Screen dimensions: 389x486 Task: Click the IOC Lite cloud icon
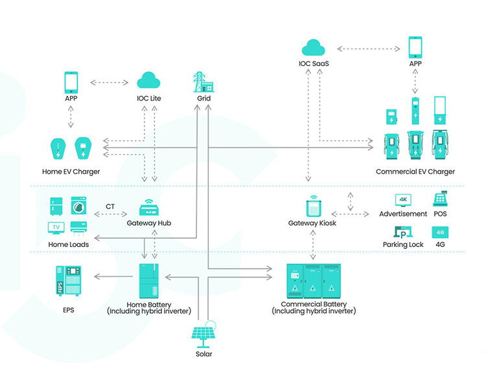coord(149,81)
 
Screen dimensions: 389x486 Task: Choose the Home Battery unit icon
coord(149,279)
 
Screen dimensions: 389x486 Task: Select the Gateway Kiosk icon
coord(314,207)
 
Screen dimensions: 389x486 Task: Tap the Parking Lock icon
coord(403,232)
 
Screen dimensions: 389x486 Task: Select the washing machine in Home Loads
coord(78,206)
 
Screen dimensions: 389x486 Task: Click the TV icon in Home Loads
coord(57,228)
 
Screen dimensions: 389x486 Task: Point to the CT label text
coord(111,207)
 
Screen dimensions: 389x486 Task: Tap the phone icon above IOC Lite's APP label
coord(71,82)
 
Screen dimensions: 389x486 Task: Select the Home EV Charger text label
coord(71,172)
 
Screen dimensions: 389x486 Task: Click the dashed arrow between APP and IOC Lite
coord(109,82)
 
